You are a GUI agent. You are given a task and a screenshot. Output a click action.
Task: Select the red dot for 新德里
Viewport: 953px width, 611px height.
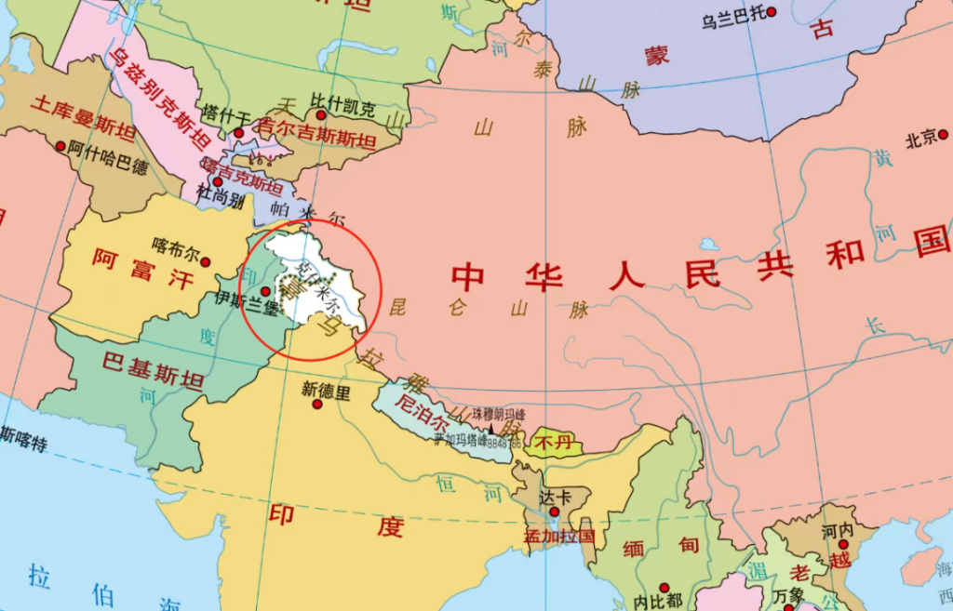point(317,405)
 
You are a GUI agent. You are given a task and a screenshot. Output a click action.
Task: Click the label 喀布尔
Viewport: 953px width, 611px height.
point(176,248)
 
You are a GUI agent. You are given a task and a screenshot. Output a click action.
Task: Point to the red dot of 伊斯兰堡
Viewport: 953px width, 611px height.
point(265,291)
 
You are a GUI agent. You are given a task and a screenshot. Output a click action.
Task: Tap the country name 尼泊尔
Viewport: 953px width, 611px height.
point(416,405)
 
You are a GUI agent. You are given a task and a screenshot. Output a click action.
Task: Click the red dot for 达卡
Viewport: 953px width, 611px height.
point(554,511)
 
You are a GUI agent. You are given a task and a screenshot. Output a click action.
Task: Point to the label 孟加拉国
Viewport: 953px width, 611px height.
point(558,537)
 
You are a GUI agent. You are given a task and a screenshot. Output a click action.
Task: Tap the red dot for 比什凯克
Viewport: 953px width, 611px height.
point(321,115)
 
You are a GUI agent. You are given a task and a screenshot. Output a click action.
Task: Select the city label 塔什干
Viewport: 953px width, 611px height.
point(227,116)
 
